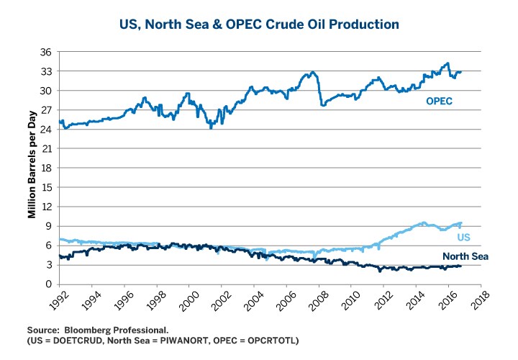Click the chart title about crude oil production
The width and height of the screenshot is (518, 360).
click(259, 24)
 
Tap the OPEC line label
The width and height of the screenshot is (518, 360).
click(439, 102)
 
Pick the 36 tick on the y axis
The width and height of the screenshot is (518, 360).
click(45, 53)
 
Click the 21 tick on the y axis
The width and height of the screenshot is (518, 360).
click(45, 149)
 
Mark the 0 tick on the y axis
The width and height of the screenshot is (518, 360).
click(48, 284)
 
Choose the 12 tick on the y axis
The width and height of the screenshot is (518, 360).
click(45, 207)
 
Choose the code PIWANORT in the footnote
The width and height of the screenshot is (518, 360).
click(171, 338)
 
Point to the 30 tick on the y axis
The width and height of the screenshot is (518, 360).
click(45, 91)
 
